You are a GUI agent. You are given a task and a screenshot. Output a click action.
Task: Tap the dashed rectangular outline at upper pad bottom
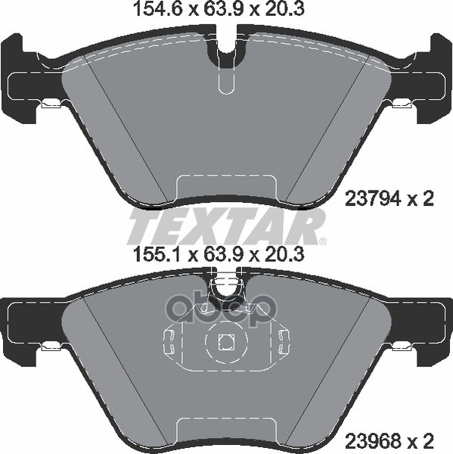coord(226,186)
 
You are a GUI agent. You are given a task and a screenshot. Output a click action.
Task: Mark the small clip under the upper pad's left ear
coord(51,104)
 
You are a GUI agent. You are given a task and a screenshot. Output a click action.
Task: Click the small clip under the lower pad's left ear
coord(51,346)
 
